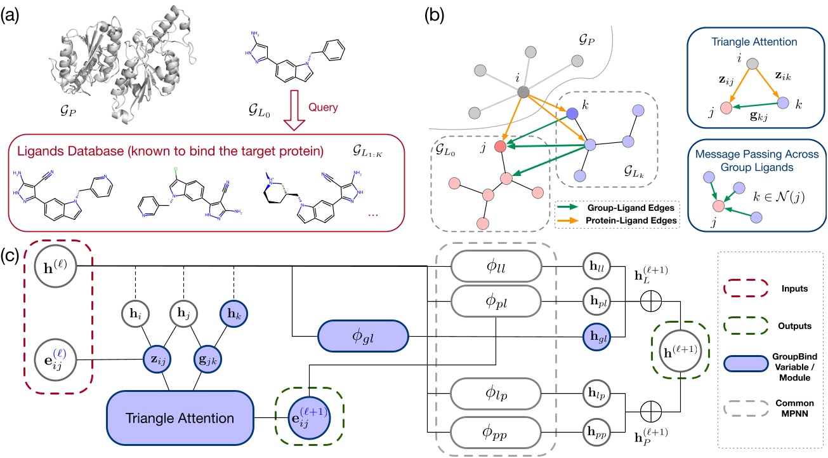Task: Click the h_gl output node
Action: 595,333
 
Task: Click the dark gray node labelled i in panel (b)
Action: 523,93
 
